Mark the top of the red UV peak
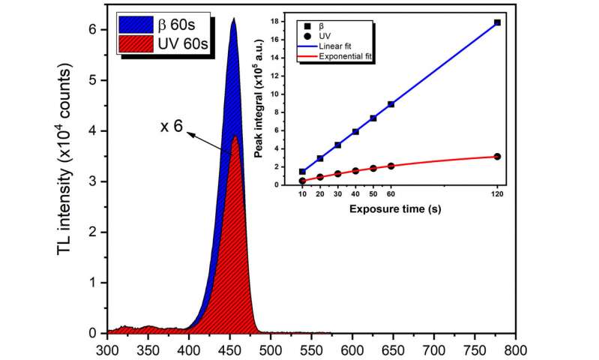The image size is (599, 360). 235,136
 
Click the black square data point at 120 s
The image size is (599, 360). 497,22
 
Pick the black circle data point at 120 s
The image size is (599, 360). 497,156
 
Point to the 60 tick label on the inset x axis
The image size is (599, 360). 391,193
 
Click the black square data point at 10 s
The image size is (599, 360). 302,171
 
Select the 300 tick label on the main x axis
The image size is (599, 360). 108,349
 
